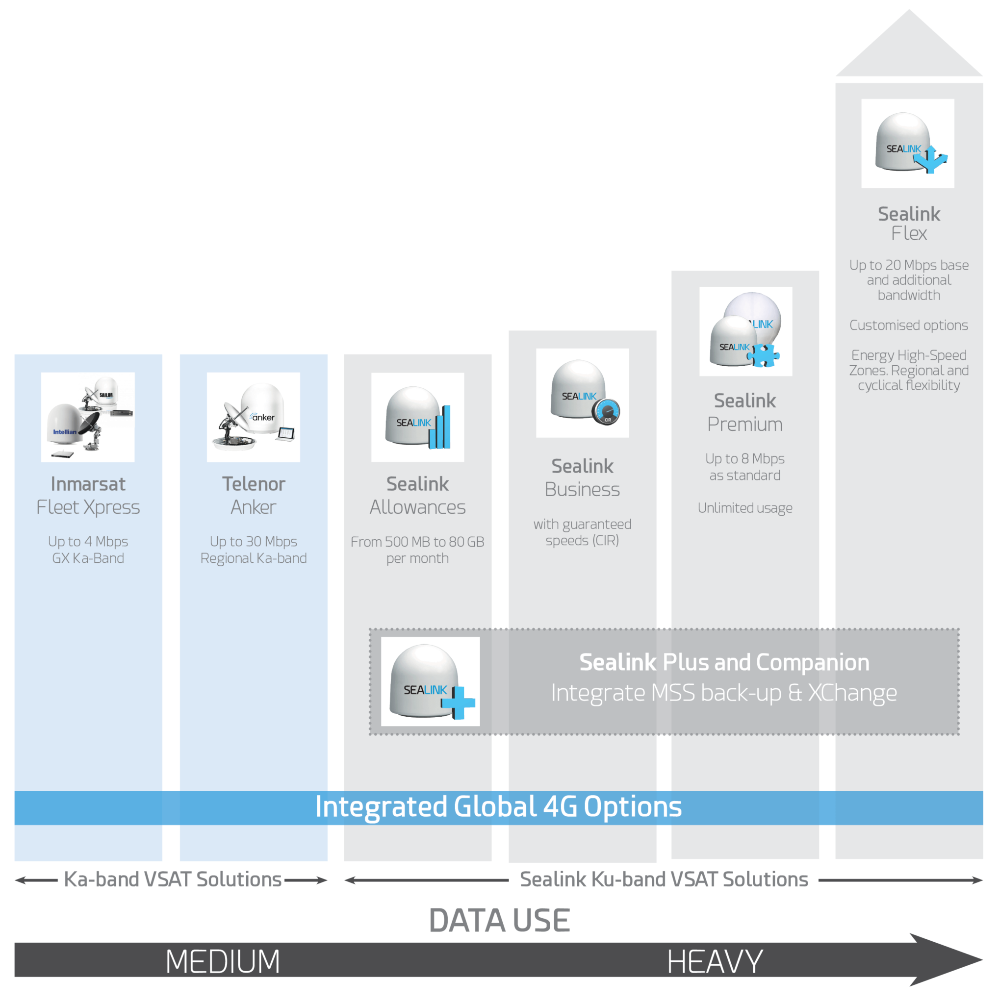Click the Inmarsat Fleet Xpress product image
88,417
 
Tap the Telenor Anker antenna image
253,417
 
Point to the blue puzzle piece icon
763,355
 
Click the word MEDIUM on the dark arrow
223,961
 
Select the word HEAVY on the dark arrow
715,961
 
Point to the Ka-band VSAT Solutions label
172,879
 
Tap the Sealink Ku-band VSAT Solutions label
664,879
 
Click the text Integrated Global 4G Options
498,806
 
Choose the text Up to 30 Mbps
253,541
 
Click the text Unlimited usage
745,508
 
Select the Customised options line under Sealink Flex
909,326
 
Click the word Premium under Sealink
745,424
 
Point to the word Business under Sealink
582,490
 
